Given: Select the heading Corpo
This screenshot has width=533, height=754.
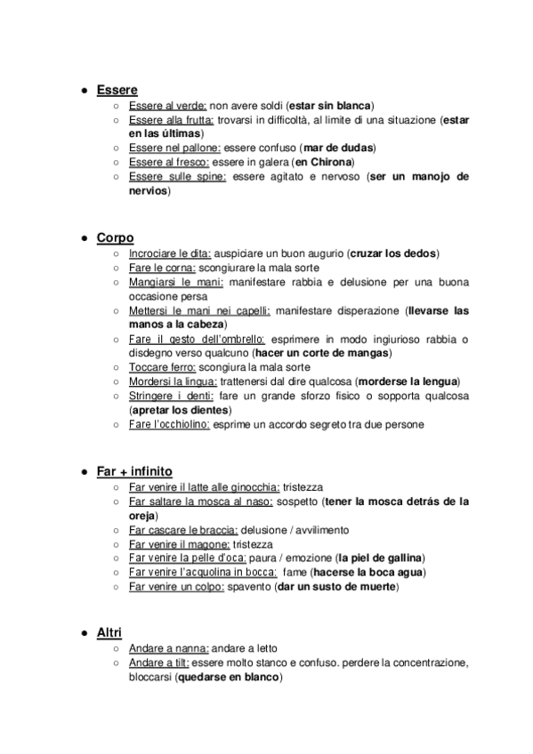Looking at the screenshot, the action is pyautogui.click(x=115, y=237).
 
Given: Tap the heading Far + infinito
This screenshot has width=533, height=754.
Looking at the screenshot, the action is pyautogui.click(x=134, y=470).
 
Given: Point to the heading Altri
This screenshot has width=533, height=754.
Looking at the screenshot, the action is pyautogui.click(x=109, y=631).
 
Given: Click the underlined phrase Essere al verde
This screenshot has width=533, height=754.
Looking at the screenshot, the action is pyautogui.click(x=168, y=105).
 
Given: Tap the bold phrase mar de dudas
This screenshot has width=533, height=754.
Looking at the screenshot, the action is pyautogui.click(x=338, y=147).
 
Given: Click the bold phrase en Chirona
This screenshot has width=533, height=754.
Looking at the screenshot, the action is pyautogui.click(x=324, y=162).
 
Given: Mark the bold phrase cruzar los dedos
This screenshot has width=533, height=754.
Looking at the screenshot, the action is pyautogui.click(x=394, y=253).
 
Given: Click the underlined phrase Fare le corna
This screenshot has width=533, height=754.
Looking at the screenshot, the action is pyautogui.click(x=160, y=268).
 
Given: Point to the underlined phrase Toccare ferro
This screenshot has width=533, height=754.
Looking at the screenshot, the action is pyautogui.click(x=161, y=366).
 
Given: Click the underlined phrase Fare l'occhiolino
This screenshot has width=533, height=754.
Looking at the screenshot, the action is pyautogui.click(x=169, y=424).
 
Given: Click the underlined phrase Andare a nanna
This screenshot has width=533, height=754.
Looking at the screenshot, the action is pyautogui.click(x=168, y=648).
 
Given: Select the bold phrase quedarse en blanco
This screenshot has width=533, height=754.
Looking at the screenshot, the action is pyautogui.click(x=229, y=677).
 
